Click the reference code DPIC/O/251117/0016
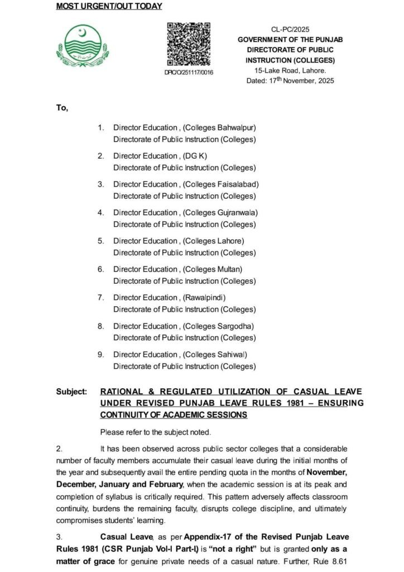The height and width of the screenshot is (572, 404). click(x=189, y=73)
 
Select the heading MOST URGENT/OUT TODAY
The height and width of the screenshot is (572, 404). click(x=109, y=6)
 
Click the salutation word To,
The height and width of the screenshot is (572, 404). click(x=62, y=108)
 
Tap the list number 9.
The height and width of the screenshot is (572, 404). click(x=100, y=354)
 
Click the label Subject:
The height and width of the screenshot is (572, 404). click(x=71, y=392)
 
